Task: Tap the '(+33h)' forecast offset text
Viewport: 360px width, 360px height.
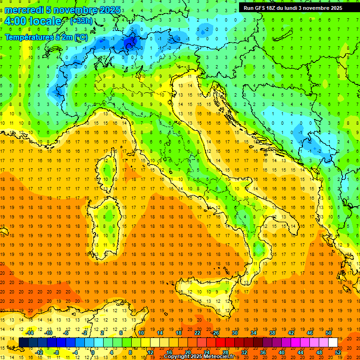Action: [81, 21]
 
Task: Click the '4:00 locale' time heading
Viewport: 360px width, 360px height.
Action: [33, 22]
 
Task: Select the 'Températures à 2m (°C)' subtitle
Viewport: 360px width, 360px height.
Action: [46, 37]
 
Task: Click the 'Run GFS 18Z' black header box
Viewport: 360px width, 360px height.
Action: [292, 8]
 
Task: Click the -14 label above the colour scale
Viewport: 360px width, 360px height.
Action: [30, 333]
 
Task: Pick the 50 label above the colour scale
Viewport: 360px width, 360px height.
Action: [329, 333]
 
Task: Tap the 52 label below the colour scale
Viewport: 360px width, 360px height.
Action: [338, 352]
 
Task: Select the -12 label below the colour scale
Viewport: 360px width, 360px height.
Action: [39, 352]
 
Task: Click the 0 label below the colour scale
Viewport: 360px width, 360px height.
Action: [93, 352]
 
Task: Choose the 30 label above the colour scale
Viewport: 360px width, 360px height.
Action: [235, 333]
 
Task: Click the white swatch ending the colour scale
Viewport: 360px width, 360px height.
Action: [333, 342]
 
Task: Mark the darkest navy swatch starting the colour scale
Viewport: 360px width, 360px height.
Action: [23, 342]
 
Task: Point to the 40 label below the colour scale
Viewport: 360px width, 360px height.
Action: [281, 352]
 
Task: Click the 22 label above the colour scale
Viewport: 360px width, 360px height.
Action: [197, 333]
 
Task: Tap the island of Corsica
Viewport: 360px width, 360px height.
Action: [109, 169]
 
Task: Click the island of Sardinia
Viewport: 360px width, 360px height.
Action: [108, 220]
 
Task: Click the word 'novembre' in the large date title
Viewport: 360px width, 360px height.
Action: [77, 10]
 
